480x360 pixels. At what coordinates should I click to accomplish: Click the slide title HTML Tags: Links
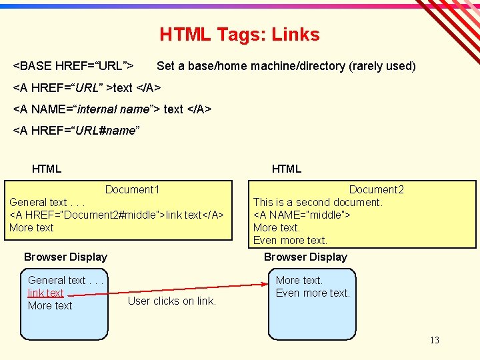[x=239, y=35]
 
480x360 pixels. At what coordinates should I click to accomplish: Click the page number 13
[x=434, y=340]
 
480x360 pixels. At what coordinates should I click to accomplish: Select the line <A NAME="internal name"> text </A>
[x=112, y=109]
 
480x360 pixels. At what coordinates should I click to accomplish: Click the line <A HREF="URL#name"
[x=76, y=131]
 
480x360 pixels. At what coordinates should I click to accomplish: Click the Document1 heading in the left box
[x=132, y=189]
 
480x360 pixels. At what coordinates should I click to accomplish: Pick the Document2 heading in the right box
[x=376, y=189]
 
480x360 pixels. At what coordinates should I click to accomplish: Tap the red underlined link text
[x=45, y=293]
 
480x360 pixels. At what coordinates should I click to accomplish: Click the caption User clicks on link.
[x=172, y=301]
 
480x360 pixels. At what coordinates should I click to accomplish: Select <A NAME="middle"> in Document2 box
[x=301, y=215]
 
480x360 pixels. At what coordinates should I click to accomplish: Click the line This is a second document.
[x=317, y=202]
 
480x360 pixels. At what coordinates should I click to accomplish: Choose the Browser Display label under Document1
[x=65, y=257]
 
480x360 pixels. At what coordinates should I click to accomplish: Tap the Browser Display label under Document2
[x=305, y=257]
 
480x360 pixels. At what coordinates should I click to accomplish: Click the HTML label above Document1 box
[x=47, y=169]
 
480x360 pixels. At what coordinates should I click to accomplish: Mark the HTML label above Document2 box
[x=287, y=169]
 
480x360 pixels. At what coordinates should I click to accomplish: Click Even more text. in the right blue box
[x=313, y=293]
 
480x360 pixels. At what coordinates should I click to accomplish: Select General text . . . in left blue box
[x=66, y=280]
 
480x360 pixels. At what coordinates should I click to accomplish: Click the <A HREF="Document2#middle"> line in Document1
[x=117, y=215]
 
